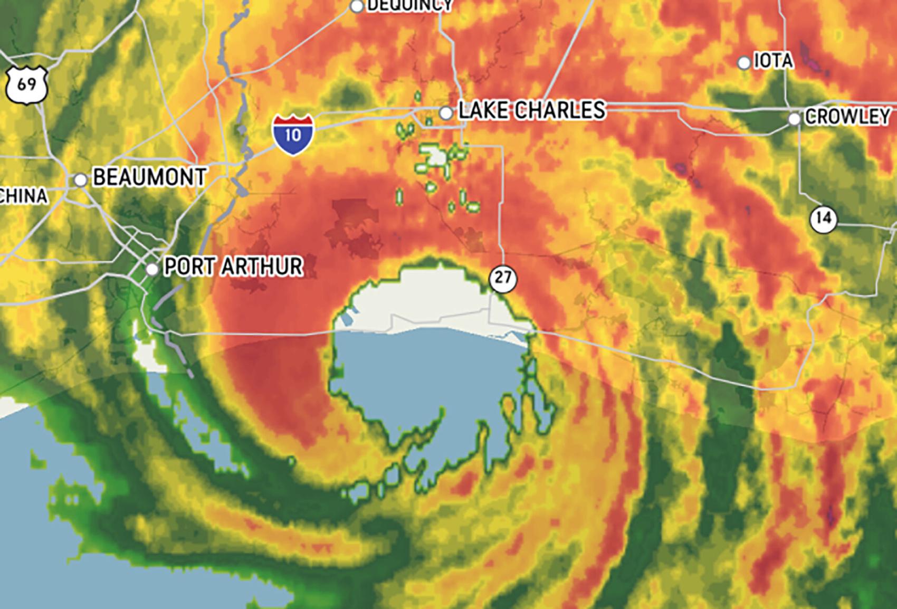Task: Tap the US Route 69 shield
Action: click(x=27, y=84)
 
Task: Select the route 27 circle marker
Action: click(x=502, y=277)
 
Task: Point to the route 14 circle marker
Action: click(x=824, y=218)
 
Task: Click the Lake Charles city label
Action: click(x=531, y=110)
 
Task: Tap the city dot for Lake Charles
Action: click(x=446, y=112)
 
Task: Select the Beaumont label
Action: click(x=149, y=177)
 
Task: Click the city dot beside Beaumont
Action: click(x=80, y=180)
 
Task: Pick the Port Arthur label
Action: click(x=233, y=267)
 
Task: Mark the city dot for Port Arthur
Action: click(x=152, y=269)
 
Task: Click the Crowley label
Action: click(x=847, y=117)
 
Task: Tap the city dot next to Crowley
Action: click(x=794, y=119)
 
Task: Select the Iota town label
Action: click(x=773, y=61)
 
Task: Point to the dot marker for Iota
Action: click(x=743, y=63)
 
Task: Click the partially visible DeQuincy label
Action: click(x=409, y=5)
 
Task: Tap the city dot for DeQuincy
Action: click(x=357, y=6)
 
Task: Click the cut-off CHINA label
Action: click(x=23, y=196)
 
